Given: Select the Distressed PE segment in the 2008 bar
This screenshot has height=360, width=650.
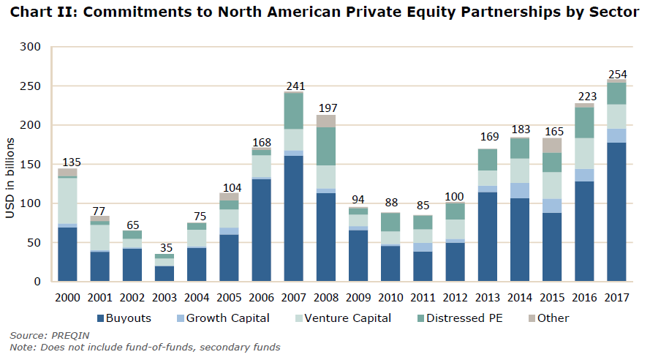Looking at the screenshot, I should click(327, 146).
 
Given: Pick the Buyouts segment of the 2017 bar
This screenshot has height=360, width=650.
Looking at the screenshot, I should click(617, 212).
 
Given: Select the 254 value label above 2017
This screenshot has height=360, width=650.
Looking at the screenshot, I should click(618, 74).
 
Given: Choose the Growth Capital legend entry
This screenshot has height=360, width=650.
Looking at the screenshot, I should click(222, 318).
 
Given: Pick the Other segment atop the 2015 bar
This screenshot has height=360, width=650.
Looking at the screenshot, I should click(553, 145).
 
